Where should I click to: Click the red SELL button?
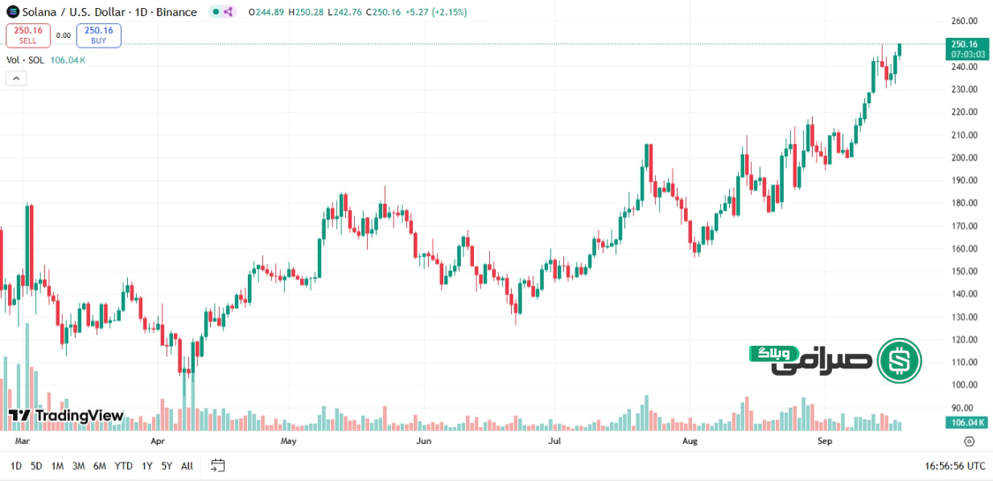(x=28, y=35)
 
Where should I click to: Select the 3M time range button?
(x=78, y=466)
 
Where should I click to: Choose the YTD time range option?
(x=123, y=466)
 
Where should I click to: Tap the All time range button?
(x=187, y=466)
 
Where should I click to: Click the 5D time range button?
(x=36, y=466)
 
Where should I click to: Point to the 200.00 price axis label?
(x=963, y=158)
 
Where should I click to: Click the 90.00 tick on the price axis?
(x=965, y=408)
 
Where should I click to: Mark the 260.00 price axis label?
(x=963, y=21)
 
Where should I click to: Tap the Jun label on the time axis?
(x=423, y=442)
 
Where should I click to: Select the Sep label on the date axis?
(x=824, y=442)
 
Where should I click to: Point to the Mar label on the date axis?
(x=23, y=442)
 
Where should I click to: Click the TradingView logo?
(x=66, y=416)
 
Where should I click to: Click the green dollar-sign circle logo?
(x=899, y=361)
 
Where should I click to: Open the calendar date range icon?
(x=218, y=466)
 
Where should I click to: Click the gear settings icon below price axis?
(x=969, y=442)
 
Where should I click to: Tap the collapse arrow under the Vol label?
(x=16, y=78)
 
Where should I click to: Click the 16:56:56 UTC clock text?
(x=954, y=466)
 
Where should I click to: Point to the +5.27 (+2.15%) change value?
(x=435, y=12)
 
